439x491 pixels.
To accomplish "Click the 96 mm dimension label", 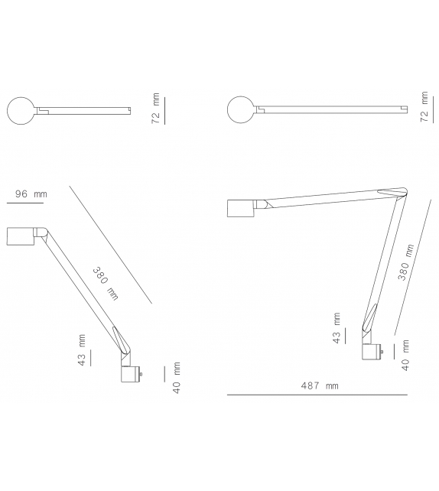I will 31,194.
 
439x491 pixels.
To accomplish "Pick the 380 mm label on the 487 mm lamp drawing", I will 406,264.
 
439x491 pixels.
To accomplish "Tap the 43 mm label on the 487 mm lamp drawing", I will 337,329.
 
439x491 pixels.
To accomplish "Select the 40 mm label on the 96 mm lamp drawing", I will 176,378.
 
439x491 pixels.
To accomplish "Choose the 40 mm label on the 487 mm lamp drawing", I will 405,354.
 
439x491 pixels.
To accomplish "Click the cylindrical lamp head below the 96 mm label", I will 20,236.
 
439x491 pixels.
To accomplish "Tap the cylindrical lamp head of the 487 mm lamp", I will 242,209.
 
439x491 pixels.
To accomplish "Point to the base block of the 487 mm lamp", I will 372,353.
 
